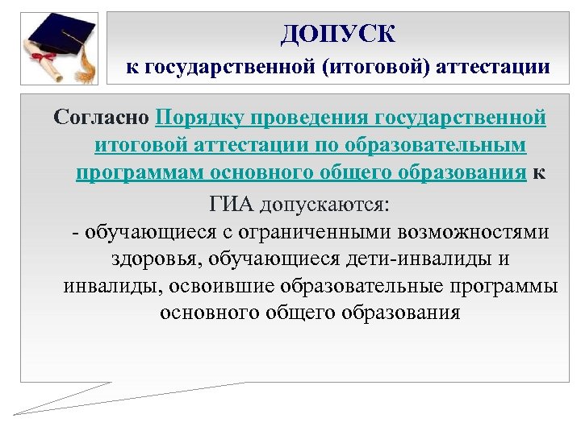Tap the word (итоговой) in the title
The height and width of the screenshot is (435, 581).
[378, 67]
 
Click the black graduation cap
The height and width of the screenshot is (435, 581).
[61, 36]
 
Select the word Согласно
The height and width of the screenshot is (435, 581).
[101, 118]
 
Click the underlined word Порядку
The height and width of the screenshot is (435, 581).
[202, 118]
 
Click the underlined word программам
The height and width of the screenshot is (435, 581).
[136, 174]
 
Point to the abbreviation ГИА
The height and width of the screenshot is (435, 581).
[227, 203]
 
